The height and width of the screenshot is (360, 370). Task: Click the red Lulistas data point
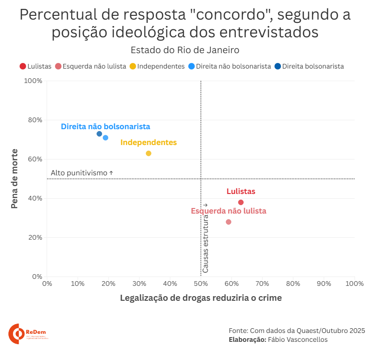tap(241, 202)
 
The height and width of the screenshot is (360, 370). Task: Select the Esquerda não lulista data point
tap(228, 222)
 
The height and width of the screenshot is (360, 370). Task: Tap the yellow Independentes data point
tap(149, 153)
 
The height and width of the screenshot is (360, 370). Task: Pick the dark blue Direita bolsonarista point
tap(99, 134)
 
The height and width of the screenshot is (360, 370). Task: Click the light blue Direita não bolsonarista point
tap(105, 138)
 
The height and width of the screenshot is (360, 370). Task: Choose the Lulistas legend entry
tap(35, 66)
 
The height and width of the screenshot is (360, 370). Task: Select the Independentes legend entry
tap(157, 66)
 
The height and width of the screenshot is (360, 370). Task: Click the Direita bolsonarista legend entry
tap(309, 66)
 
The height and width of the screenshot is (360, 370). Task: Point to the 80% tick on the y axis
tap(35, 120)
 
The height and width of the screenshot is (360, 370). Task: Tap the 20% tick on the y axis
tap(35, 237)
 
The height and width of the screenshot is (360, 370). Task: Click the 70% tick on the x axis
tap(262, 283)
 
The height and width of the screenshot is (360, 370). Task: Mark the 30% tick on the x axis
tap(139, 283)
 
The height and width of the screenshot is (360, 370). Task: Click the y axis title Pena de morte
tap(14, 179)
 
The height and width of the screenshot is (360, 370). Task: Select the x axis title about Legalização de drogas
tap(201, 298)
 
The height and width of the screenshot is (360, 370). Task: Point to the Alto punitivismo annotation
tap(82, 173)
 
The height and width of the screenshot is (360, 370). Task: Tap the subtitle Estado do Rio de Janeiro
tap(185, 50)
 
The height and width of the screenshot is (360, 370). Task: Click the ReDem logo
tap(27, 334)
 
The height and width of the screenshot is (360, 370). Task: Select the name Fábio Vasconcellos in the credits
tap(298, 339)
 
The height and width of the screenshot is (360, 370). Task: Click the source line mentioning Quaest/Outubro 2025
tap(296, 330)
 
